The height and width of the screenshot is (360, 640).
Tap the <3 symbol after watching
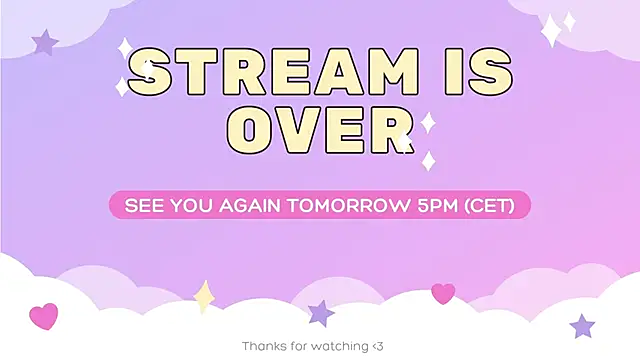pos(377,346)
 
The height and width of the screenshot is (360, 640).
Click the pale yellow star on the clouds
pos(204,296)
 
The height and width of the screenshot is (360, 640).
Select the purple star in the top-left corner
pos(44,42)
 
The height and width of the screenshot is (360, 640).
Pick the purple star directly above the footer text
pos(320,313)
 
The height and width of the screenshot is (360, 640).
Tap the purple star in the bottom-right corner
pos(582,326)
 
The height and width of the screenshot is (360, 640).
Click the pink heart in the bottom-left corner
pos(44,317)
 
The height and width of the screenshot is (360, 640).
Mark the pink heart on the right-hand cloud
pos(443,293)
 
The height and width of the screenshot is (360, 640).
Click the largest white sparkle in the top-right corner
pos(550,32)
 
